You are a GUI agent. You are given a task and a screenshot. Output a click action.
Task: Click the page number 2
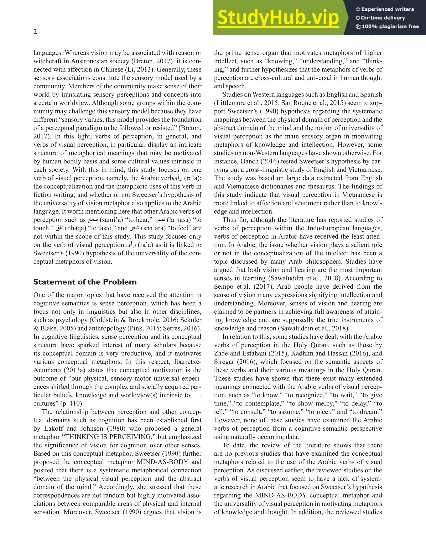click(35, 32)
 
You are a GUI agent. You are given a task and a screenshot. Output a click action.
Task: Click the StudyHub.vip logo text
click(278, 18)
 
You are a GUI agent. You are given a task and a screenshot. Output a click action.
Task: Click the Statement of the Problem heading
click(85, 282)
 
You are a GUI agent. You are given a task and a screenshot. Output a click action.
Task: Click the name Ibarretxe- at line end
click(188, 362)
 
